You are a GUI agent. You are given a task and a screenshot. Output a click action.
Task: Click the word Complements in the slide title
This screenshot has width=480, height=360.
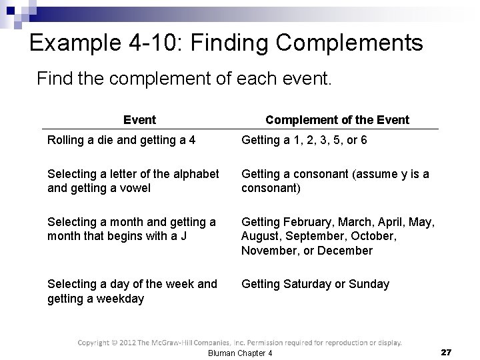click(349, 43)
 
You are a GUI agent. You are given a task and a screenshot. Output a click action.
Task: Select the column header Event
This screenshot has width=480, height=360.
click(139, 120)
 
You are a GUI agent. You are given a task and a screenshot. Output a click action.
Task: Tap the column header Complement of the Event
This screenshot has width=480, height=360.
click(337, 120)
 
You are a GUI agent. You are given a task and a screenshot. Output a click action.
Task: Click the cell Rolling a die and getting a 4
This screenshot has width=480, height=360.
click(121, 141)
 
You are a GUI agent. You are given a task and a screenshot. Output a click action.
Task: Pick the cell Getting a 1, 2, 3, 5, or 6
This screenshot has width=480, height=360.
click(304, 141)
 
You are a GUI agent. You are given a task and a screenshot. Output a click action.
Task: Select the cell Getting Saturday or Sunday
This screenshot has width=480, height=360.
click(315, 284)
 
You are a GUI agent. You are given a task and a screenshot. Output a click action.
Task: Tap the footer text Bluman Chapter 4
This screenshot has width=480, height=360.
click(241, 353)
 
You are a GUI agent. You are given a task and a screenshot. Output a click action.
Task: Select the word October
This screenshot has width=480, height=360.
click(375, 236)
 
